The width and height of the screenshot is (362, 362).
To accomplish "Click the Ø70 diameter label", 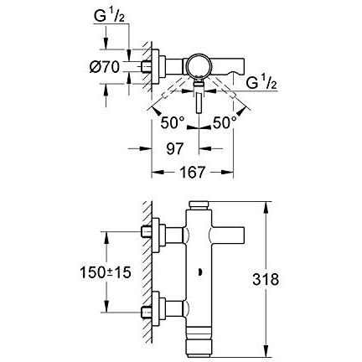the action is [105, 67].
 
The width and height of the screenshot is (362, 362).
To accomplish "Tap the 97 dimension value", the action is [175, 149].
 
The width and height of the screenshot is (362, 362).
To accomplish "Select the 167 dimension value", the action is [193, 173].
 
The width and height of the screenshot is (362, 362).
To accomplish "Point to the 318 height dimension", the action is [266, 279].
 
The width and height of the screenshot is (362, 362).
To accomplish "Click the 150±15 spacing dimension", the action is [106, 272].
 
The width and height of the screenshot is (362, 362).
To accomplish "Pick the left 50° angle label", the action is [173, 123].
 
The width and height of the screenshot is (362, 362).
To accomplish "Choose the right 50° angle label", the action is [225, 123].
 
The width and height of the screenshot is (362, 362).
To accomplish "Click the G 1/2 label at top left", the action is [109, 16].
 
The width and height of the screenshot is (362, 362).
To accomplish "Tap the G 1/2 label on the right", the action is [261, 83].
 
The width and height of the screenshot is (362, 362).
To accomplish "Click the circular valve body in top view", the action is [199, 66].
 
